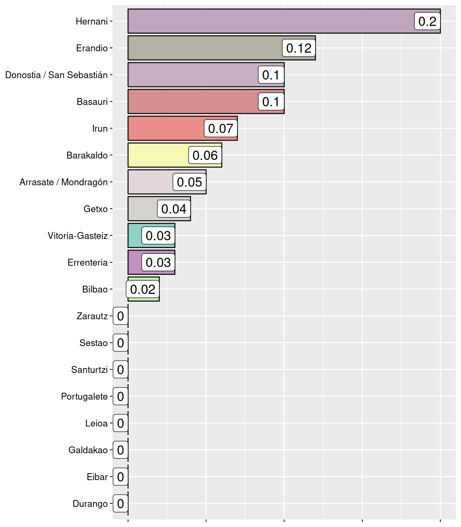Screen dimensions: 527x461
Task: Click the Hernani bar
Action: (268, 21)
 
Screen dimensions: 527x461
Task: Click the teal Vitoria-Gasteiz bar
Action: (135, 235)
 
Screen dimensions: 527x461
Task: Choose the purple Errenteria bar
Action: (135, 262)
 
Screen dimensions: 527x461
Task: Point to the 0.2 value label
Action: (427, 21)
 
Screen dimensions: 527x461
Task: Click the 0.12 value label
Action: (299, 48)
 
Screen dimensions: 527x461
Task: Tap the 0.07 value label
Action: (221, 128)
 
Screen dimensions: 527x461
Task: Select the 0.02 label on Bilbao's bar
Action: (143, 289)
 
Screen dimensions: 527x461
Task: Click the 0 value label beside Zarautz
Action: (120, 316)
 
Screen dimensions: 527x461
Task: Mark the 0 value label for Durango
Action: (120, 503)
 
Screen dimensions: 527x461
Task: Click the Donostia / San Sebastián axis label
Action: (57, 75)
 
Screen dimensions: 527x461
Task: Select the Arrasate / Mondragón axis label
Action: (64, 182)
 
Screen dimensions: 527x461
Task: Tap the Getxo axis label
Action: (96, 209)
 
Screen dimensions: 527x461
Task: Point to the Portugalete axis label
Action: (84, 396)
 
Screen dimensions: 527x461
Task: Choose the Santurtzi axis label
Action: (90, 370)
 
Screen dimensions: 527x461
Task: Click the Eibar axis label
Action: (97, 477)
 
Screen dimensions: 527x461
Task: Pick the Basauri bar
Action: (192, 102)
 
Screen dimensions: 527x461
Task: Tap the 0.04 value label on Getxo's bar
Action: (174, 209)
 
